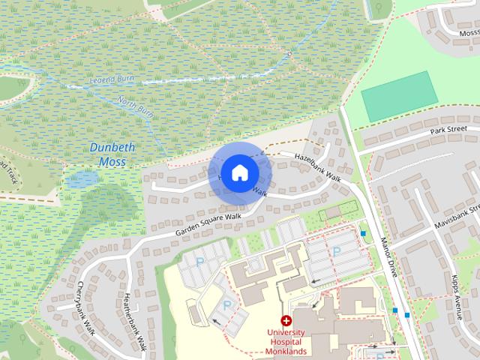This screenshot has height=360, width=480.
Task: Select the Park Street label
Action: [448, 131]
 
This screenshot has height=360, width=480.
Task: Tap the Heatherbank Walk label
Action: [133, 323]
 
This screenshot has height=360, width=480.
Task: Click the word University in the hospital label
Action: [286, 332]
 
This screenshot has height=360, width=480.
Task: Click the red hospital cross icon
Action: [286, 321]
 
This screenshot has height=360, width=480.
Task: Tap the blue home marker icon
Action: [239, 172]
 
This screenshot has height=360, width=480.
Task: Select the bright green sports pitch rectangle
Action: [398, 96]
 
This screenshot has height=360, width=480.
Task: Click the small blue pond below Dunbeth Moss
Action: [78, 180]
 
